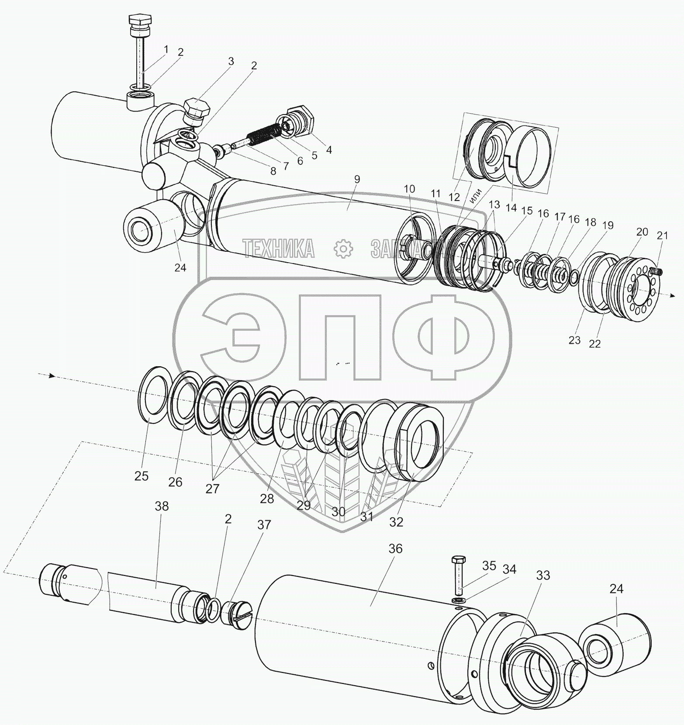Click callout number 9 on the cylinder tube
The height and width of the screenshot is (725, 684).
coord(357,179)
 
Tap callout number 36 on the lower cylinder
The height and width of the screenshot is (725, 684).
coord(395,548)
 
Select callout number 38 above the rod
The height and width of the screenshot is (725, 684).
coord(161,506)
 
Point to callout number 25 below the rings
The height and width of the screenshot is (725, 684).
coord(142,476)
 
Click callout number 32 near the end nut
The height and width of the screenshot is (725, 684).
coord(397,522)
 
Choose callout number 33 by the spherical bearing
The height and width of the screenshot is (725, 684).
coord(543,576)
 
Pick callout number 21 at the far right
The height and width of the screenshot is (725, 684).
coord(662,236)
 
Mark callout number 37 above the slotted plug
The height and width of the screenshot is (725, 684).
coord(264,524)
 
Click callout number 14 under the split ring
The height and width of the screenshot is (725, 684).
coord(511,207)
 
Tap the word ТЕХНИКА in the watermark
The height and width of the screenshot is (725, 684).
coord(278,248)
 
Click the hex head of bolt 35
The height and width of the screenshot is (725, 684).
coord(458,559)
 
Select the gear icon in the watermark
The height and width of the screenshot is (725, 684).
coord(343,248)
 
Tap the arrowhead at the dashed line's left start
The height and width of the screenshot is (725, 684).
coord(52,375)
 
